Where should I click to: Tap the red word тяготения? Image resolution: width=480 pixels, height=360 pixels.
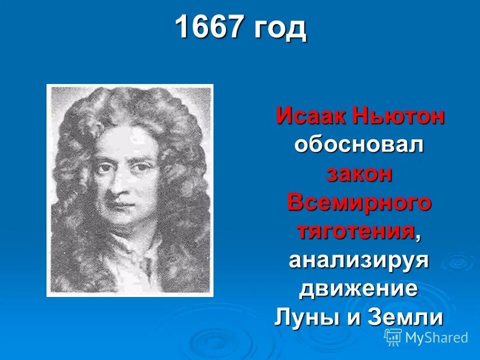click(x=355, y=231)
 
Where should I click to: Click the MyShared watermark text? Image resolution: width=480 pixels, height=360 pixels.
click(x=436, y=337)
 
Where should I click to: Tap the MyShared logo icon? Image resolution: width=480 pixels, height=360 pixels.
click(x=392, y=337)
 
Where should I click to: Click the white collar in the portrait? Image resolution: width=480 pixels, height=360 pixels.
click(x=135, y=260)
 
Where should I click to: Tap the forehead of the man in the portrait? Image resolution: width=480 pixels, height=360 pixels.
click(x=125, y=142)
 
